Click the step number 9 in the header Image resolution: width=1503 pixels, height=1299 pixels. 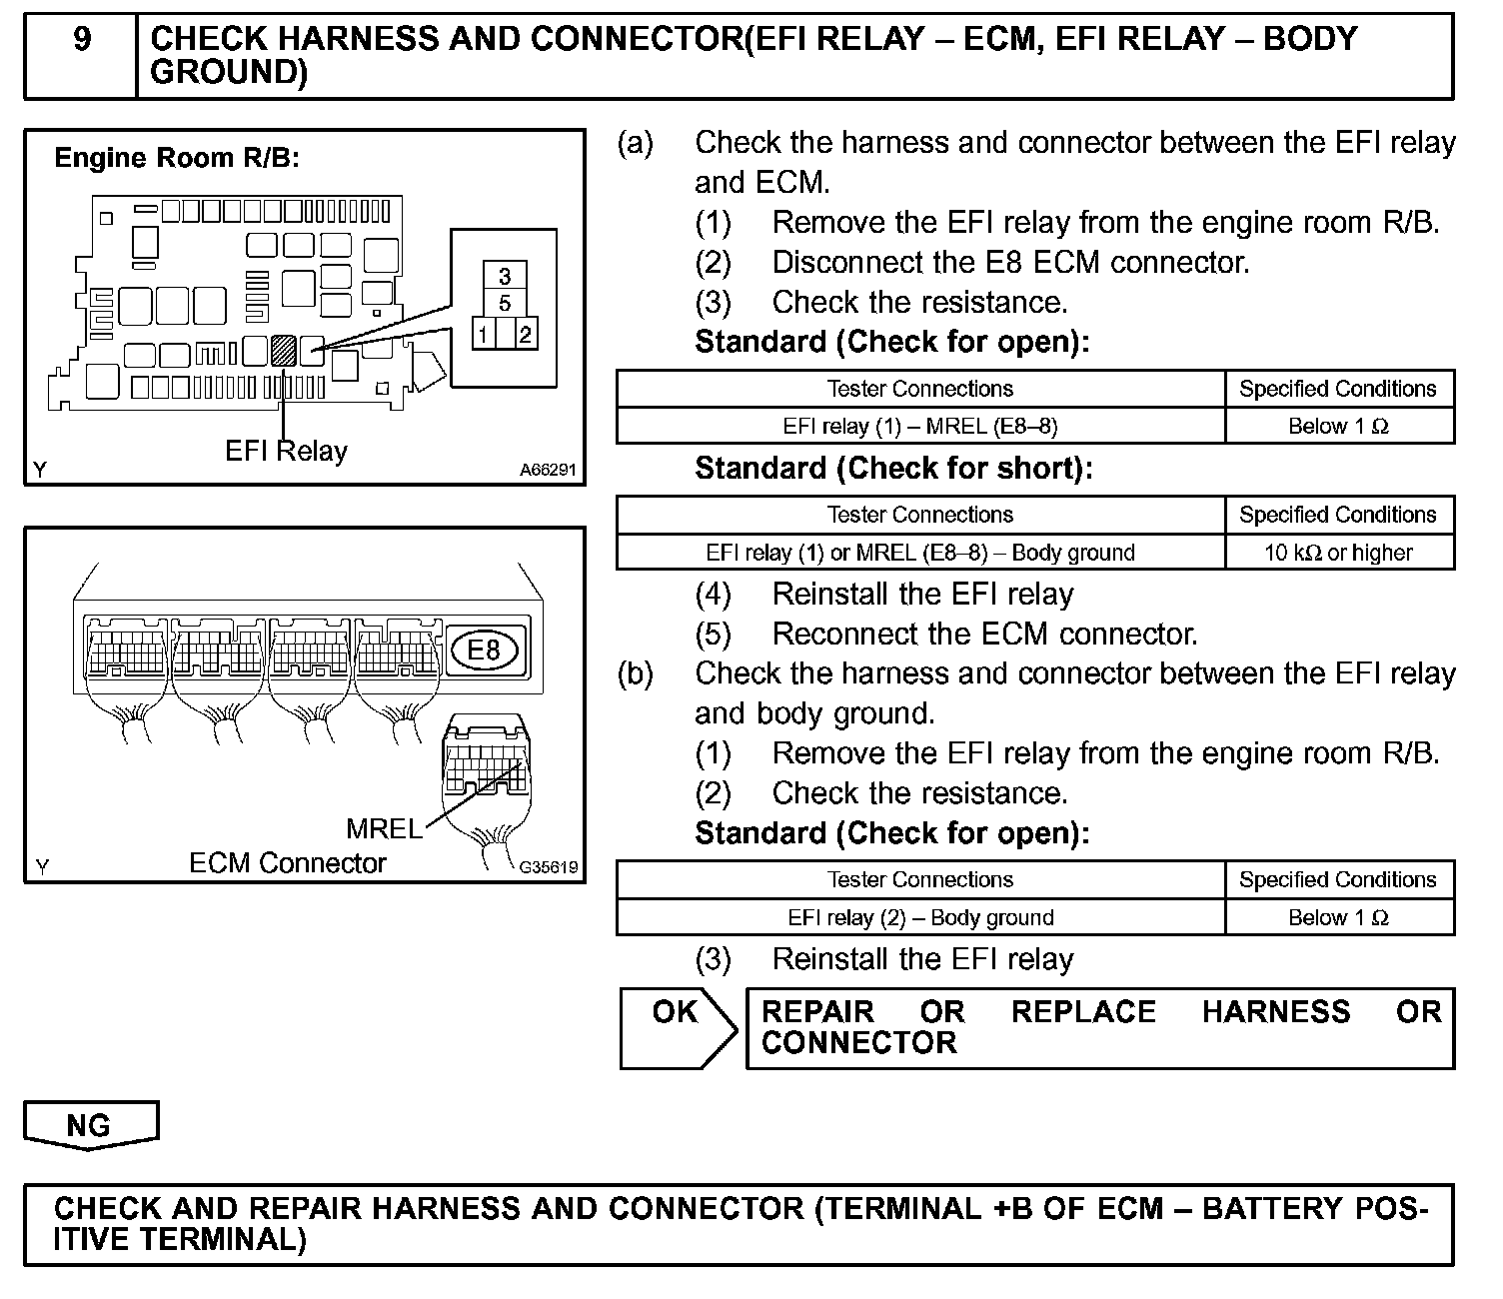(82, 40)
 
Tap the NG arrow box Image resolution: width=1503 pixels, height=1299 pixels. (90, 1125)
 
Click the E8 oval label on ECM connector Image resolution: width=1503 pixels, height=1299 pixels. (484, 650)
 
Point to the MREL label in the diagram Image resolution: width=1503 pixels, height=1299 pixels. (384, 828)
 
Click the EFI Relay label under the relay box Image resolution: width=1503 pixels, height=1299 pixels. (286, 451)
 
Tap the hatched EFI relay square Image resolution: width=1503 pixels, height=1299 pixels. (284, 350)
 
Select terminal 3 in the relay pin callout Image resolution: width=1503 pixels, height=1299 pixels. (505, 276)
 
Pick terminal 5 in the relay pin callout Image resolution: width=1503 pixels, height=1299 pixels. (505, 303)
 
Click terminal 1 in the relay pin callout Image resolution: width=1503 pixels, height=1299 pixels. (484, 334)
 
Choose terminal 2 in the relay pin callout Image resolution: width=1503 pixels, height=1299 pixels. (525, 334)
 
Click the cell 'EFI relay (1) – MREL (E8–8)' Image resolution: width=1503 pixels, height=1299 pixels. (919, 426)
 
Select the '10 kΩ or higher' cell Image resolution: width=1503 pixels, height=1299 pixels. (1338, 553)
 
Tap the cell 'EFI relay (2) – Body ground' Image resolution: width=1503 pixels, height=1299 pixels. (919, 917)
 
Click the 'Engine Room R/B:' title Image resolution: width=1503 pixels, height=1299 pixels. (177, 158)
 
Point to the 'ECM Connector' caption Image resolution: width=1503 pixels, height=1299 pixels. (287, 863)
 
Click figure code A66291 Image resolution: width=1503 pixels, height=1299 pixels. (548, 469)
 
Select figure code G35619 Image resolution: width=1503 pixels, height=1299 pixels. (548, 867)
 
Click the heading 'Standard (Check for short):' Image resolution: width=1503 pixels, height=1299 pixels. (893, 468)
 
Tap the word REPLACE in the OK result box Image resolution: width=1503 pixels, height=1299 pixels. (1083, 1011)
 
